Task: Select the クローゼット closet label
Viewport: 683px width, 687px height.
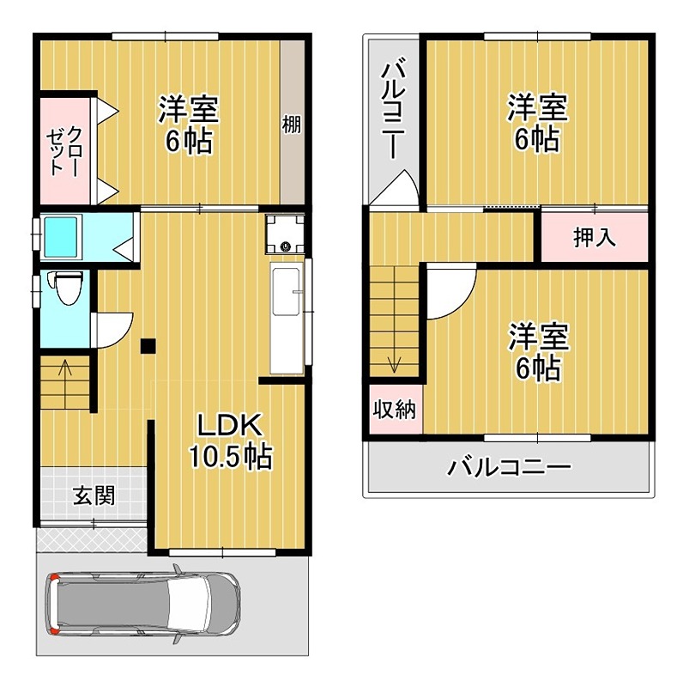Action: click(64, 150)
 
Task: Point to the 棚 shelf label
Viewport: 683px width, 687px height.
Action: click(292, 125)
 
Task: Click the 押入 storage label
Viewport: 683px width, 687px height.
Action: click(595, 238)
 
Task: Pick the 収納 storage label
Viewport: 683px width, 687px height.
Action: click(395, 410)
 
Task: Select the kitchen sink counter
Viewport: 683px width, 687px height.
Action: click(287, 318)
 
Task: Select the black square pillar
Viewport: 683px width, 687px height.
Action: click(148, 346)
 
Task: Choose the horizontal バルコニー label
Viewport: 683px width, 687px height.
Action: click(510, 469)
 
